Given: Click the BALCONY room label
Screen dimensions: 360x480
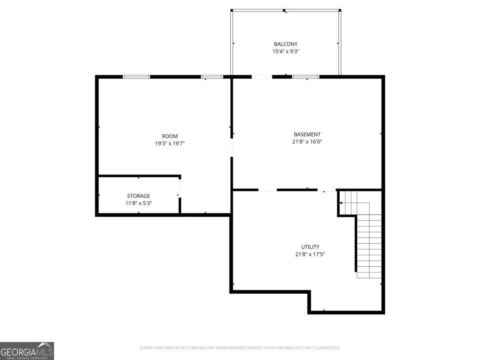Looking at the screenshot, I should click(x=286, y=44).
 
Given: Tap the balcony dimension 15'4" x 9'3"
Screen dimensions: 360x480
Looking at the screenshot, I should click(x=286, y=52).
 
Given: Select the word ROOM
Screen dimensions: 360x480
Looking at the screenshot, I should click(x=170, y=136).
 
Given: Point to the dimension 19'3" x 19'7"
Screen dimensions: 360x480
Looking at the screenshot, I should click(x=170, y=144).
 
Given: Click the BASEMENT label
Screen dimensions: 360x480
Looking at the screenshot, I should click(x=307, y=135).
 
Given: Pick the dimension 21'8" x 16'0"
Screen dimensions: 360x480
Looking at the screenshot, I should click(x=307, y=142).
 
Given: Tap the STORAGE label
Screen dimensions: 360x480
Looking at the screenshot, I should click(x=138, y=196).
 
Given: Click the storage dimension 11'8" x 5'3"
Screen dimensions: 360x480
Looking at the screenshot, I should click(x=138, y=203).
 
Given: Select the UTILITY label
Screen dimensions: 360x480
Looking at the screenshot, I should click(x=310, y=247).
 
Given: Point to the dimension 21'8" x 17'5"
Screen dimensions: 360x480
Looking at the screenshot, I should click(x=310, y=254).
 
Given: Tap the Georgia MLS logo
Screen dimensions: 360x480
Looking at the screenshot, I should click(x=27, y=351).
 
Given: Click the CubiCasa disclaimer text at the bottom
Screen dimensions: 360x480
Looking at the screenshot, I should click(x=240, y=348).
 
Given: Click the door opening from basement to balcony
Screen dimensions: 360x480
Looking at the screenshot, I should click(x=262, y=76).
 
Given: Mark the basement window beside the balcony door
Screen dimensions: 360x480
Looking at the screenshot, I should click(x=306, y=76).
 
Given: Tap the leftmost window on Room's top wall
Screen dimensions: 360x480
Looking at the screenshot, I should click(x=136, y=76).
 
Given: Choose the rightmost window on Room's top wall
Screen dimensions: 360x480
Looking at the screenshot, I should click(x=212, y=76).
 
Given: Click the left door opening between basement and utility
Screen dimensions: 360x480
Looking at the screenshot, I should click(x=268, y=190).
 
